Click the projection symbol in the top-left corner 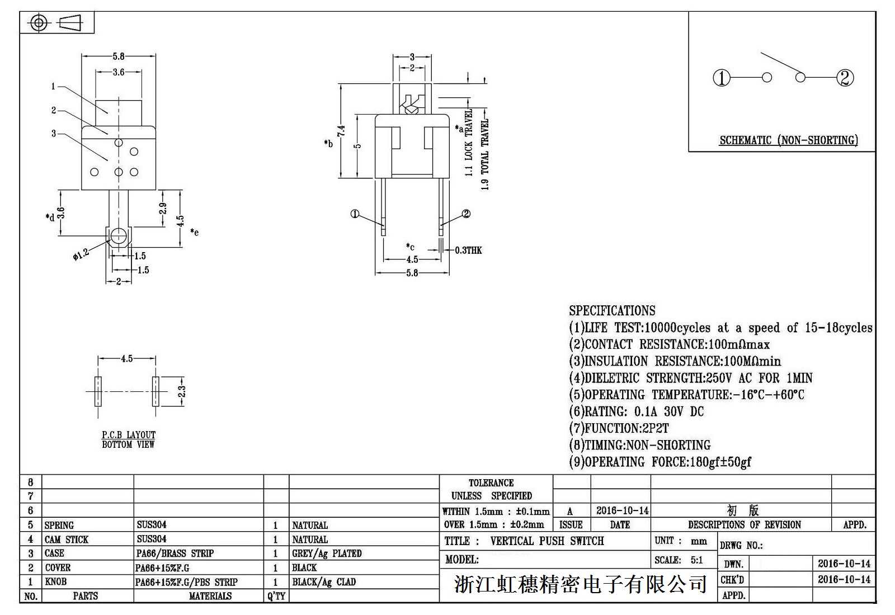56,23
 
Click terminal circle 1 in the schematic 722,78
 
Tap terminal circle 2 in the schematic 845,78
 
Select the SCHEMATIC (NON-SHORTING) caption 789,140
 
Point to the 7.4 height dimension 341,131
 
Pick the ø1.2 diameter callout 81,254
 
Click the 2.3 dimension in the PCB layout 181,391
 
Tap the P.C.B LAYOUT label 129,434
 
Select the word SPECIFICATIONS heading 612,311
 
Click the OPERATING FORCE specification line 660,462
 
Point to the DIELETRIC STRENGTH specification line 691,378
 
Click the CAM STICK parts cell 67,540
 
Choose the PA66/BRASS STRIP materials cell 175,553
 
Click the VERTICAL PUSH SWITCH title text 547,541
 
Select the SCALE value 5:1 696,560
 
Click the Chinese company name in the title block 580,585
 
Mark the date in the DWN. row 844,564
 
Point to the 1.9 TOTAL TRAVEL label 485,154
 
